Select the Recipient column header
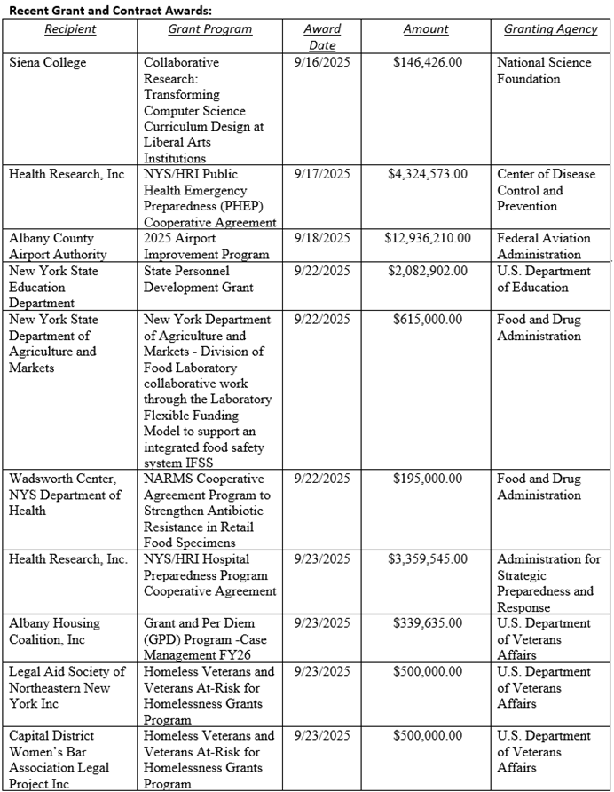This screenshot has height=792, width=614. pos(71,29)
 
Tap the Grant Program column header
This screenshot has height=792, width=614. pos(210,29)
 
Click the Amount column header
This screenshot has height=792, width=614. pos(426,29)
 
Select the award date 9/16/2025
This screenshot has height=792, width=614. pos(322,63)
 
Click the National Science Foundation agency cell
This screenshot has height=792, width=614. pos(541,71)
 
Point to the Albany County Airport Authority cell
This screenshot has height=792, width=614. pos(59,246)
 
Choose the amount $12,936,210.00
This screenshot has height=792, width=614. pos(428,238)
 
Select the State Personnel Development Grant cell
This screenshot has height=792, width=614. pos(199,279)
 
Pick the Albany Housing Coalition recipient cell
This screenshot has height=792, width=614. pos(55,631)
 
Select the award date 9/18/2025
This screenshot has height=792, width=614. pos(322,238)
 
